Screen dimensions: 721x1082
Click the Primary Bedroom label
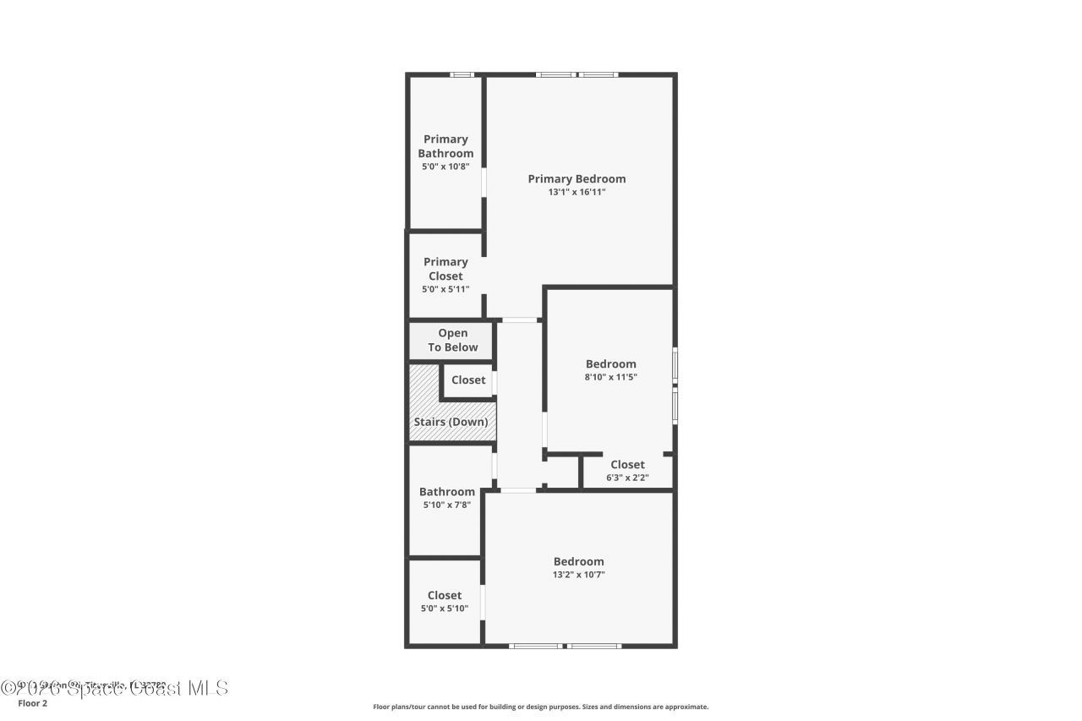click(x=577, y=178)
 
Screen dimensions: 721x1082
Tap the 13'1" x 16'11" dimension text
click(x=577, y=193)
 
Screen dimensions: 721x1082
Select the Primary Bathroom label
click(x=445, y=146)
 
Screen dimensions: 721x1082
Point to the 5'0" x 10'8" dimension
click(x=445, y=167)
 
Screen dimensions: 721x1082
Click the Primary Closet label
click(x=445, y=269)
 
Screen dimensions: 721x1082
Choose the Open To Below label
click(x=452, y=340)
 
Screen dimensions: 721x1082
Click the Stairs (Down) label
click(x=451, y=422)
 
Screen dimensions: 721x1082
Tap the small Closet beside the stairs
click(x=468, y=380)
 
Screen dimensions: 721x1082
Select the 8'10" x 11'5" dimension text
click(x=610, y=378)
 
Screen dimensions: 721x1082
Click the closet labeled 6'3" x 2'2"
click(x=627, y=470)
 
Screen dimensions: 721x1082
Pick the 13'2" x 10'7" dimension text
click(x=578, y=575)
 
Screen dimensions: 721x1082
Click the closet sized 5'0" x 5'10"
click(x=445, y=601)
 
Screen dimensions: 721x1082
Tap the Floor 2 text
click(x=32, y=703)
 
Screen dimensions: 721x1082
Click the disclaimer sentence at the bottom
click(x=541, y=707)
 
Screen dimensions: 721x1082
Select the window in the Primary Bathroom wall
click(x=462, y=74)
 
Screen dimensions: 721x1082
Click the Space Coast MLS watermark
click(x=114, y=688)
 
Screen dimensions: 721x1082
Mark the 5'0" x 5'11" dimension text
click(x=445, y=290)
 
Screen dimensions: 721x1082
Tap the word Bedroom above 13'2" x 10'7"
click(x=578, y=561)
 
